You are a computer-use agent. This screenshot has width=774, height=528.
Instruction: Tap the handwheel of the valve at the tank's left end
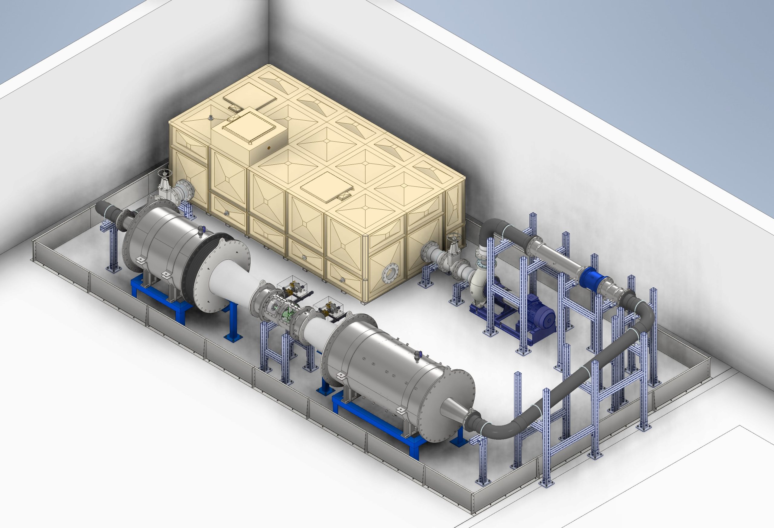pyautogui.click(x=164, y=173)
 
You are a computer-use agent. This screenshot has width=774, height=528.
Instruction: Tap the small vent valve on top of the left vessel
pyautogui.click(x=201, y=230)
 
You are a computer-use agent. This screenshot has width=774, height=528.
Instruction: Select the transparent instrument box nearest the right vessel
pyautogui.click(x=328, y=305)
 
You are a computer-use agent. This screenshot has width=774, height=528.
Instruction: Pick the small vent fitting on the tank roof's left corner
pyautogui.click(x=210, y=118)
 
